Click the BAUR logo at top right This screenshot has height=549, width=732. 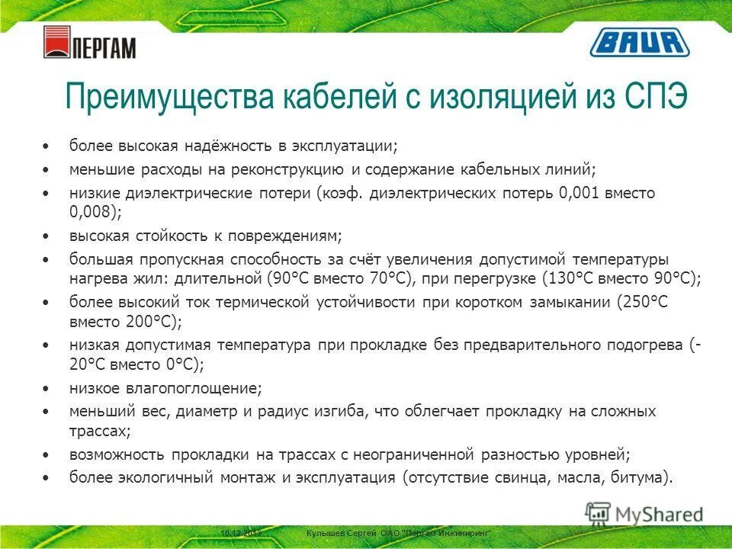click(x=640, y=43)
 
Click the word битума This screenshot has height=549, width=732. click(x=644, y=478)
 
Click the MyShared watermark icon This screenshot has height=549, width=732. click(x=598, y=514)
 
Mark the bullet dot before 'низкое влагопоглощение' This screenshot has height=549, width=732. click(x=48, y=388)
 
